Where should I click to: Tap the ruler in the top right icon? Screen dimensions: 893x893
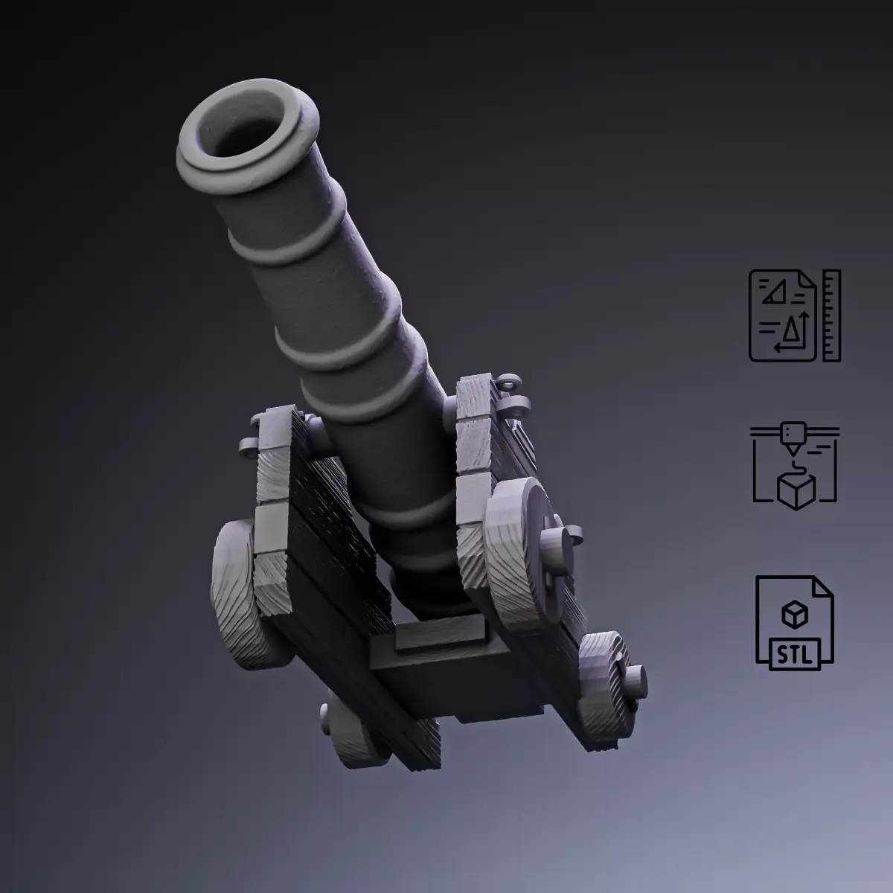[832, 316]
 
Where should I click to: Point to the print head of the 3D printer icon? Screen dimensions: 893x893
[794, 435]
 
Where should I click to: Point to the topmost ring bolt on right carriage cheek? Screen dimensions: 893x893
[506, 383]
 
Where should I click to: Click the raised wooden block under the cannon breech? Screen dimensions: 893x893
[439, 636]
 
